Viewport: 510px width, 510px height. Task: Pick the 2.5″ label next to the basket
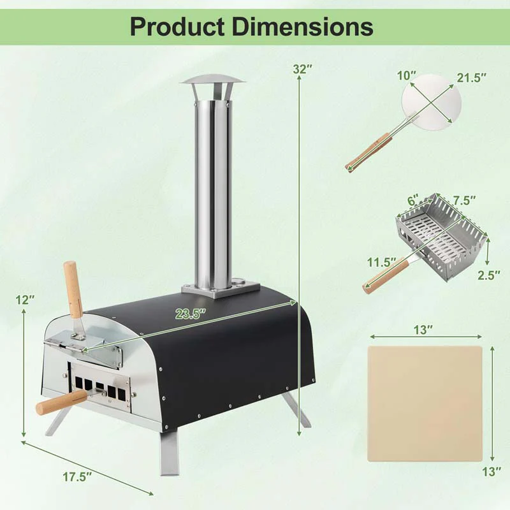coord(489,275)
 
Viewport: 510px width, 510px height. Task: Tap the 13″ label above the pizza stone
coord(422,330)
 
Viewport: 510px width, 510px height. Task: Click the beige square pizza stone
coord(425,403)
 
